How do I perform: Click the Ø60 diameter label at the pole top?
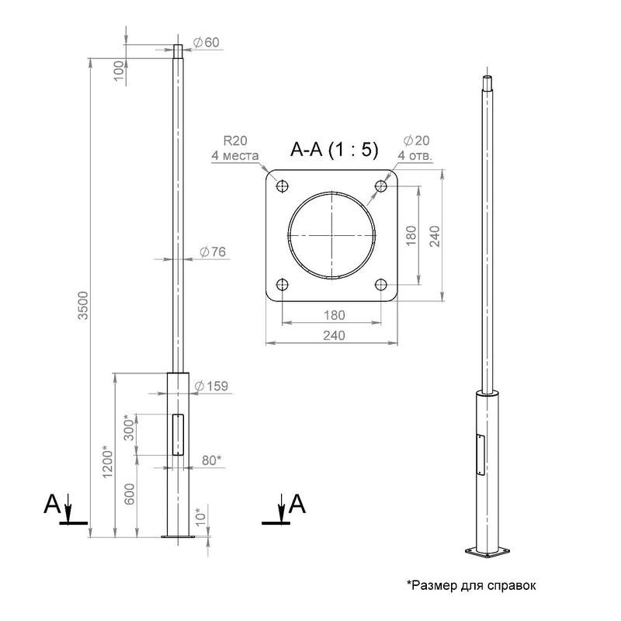tap(206, 43)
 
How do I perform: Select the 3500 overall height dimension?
tap(83, 305)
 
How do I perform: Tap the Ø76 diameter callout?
tap(213, 252)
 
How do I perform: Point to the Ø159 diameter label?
tap(211, 386)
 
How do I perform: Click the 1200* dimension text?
tap(108, 462)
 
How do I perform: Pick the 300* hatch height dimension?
tap(129, 428)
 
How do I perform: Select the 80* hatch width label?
tap(211, 460)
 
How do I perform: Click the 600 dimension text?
tap(130, 494)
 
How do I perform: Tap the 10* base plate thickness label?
tap(201, 516)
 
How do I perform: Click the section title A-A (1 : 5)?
tap(335, 150)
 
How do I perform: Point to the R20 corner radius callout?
tap(235, 148)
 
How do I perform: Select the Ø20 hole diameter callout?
tap(415, 148)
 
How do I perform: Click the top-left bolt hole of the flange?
tap(282, 186)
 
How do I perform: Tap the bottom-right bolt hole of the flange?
tap(381, 284)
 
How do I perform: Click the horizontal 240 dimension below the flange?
tap(335, 336)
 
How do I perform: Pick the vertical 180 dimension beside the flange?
tap(411, 235)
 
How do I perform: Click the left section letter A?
tap(52, 504)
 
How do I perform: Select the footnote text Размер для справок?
tap(474, 585)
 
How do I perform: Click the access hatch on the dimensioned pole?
tap(179, 435)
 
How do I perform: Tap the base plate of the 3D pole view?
tap(487, 552)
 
